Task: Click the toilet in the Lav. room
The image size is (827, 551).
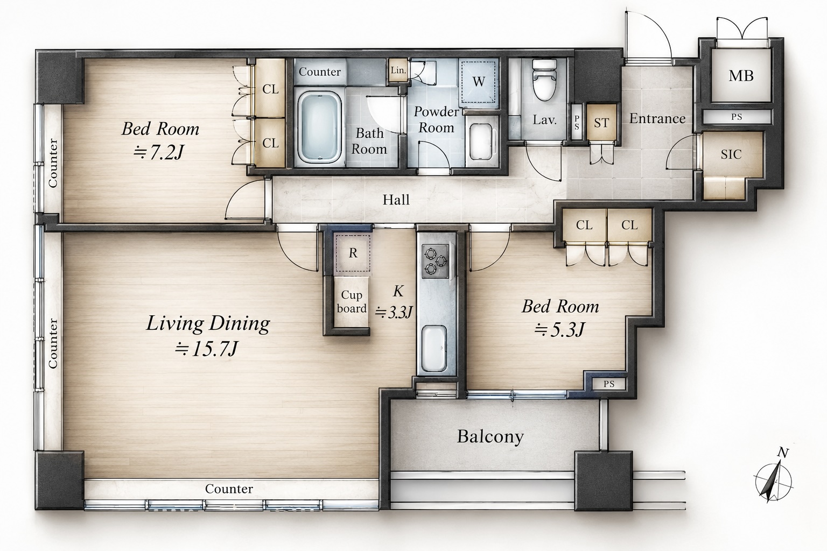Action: click(544, 80)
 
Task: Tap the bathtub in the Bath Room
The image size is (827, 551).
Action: click(320, 128)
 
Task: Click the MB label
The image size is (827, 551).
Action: click(741, 76)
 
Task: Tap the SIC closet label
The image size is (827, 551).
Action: click(731, 154)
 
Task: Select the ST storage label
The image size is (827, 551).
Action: click(601, 123)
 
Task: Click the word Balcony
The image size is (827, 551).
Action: click(490, 437)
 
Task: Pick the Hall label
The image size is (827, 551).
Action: click(396, 200)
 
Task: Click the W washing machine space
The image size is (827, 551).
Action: click(479, 81)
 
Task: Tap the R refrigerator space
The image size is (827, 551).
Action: click(353, 252)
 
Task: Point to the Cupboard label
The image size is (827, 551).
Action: click(352, 301)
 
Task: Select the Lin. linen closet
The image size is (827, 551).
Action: click(398, 70)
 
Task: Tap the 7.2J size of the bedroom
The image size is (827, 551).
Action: click(159, 152)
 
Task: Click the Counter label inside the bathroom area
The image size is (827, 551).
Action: click(320, 72)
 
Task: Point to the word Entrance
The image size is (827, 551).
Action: click(657, 118)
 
